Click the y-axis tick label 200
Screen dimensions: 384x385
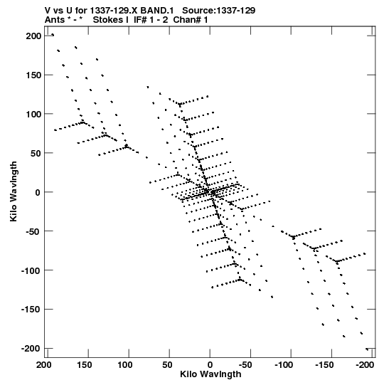point(33,36)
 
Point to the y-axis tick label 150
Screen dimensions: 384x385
point(33,75)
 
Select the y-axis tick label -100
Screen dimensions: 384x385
point(31,270)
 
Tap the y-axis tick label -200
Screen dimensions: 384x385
point(31,349)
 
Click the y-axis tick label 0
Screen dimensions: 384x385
point(38,192)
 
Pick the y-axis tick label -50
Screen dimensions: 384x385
point(33,231)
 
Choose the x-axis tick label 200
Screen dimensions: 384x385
point(44,365)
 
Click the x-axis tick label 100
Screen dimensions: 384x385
point(125,365)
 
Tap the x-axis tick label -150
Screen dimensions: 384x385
point(324,365)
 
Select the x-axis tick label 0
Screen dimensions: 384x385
point(210,365)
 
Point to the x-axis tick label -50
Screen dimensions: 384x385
point(245,365)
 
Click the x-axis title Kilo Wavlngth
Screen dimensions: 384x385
point(210,374)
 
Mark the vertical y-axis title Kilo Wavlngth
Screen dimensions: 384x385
point(14,191)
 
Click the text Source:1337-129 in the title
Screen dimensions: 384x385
point(218,11)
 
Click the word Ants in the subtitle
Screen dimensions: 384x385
point(55,20)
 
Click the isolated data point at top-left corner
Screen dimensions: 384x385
point(53,35)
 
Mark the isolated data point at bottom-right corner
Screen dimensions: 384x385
point(367,349)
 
